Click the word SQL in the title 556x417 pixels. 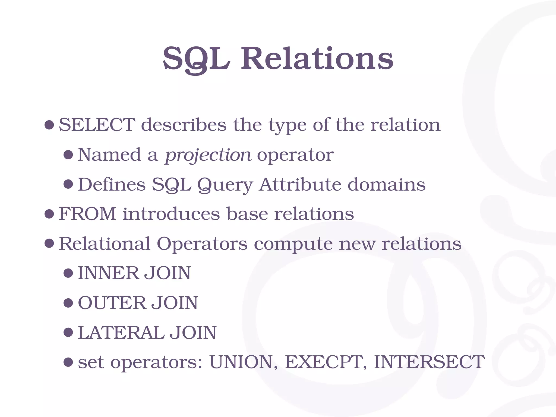[x=196, y=59]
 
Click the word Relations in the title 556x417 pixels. [x=317, y=59]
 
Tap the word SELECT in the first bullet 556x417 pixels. [x=97, y=125]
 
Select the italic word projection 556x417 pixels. [x=208, y=155]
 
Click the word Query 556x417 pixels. [x=225, y=185]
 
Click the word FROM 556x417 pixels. [x=87, y=214]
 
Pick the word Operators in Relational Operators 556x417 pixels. [x=202, y=244]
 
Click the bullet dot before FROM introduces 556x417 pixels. [x=49, y=214]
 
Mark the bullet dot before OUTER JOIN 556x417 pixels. [x=68, y=303]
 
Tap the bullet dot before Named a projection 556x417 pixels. [x=68, y=155]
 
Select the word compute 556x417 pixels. [x=293, y=244]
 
